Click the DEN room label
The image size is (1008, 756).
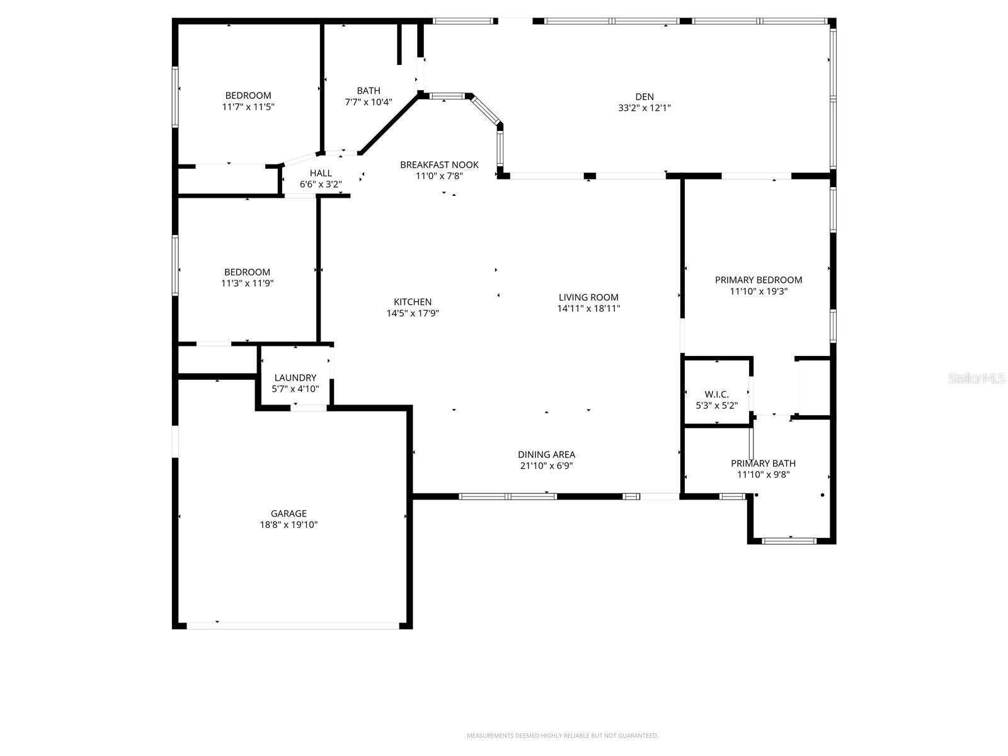coord(644,96)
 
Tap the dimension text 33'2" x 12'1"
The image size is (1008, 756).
coord(644,108)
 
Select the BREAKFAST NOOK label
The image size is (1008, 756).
coord(439,164)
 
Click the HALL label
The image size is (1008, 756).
coord(320,173)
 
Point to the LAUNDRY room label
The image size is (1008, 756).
coord(295,377)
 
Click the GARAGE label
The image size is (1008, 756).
coord(289,513)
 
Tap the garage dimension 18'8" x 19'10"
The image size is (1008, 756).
coord(289,525)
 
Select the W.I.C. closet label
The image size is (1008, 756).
coord(716,394)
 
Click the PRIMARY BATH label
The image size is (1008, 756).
coord(763,463)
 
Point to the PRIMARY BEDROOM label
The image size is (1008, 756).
coord(758,280)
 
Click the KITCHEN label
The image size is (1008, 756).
coord(413,302)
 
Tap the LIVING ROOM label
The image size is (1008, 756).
coord(588,297)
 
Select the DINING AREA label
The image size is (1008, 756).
coord(546,454)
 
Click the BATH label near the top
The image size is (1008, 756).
coord(369,91)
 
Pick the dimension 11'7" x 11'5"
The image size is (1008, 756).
coord(248,107)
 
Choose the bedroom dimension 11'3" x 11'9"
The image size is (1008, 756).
coord(247,283)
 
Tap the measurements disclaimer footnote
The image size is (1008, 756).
coord(561,735)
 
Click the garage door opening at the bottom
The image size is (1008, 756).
coord(293,626)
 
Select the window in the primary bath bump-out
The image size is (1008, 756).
coord(789,541)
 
